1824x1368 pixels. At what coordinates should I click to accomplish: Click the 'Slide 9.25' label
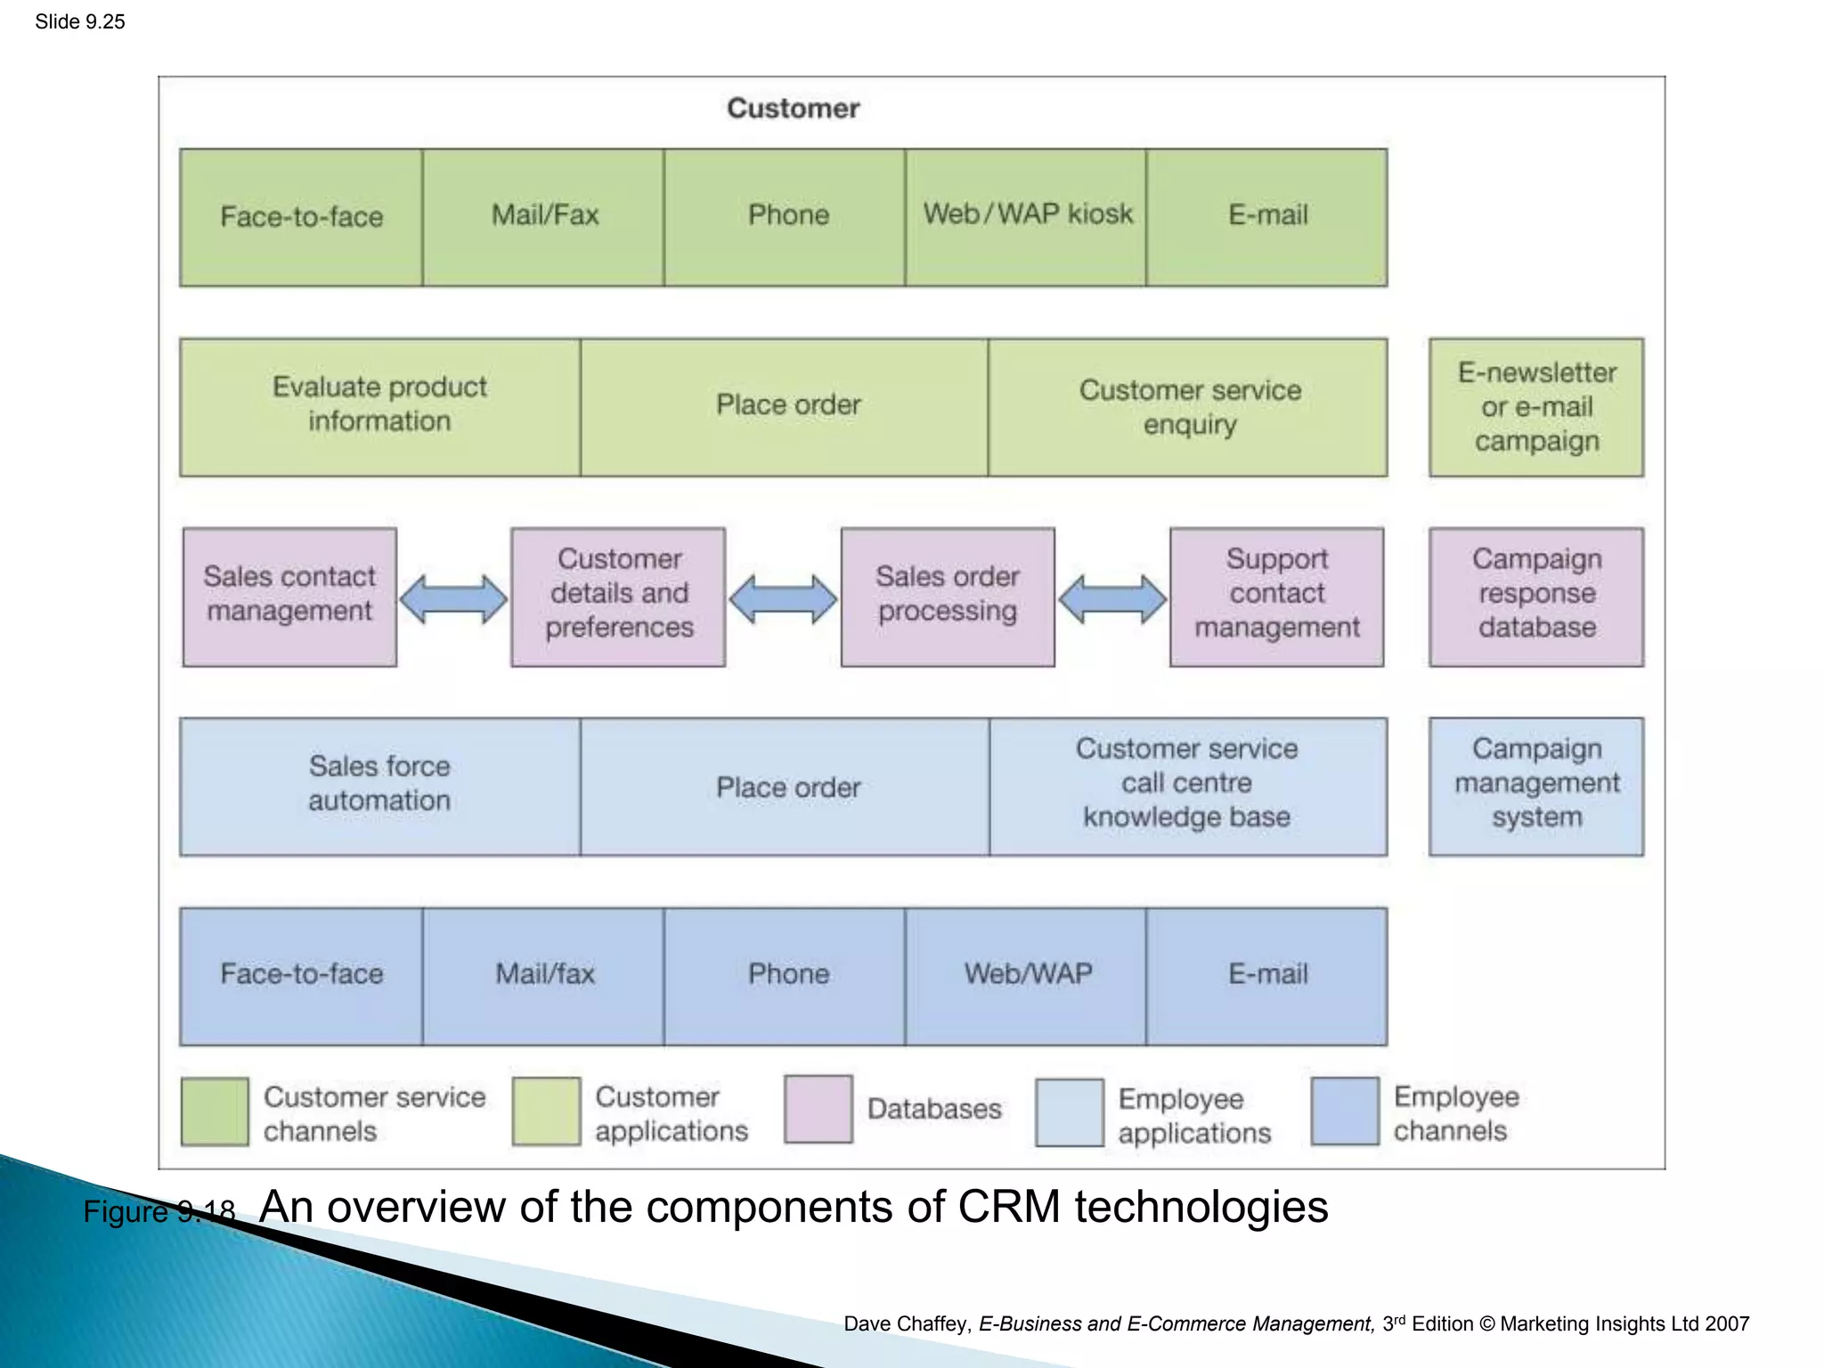click(x=80, y=21)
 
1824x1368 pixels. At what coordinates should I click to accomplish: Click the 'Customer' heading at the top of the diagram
click(x=793, y=108)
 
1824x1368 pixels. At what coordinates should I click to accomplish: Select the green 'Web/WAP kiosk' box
click(x=1026, y=216)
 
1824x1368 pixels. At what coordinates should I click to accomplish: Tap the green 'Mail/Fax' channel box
click(x=543, y=216)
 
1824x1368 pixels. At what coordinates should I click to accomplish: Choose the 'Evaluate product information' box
click(x=380, y=406)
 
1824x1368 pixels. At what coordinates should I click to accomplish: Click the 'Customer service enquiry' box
click(x=1188, y=406)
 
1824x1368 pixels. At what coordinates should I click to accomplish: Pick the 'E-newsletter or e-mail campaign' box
click(x=1536, y=406)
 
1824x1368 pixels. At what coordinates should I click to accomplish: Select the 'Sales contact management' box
click(x=289, y=596)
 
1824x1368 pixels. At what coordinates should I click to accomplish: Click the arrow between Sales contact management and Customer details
click(x=453, y=598)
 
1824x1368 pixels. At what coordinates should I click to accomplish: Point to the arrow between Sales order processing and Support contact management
click(x=1112, y=598)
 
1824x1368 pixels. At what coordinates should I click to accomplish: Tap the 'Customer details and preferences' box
click(x=618, y=596)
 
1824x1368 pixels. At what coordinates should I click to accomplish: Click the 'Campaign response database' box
click(x=1536, y=596)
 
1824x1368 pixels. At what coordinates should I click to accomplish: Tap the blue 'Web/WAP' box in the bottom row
click(x=1026, y=975)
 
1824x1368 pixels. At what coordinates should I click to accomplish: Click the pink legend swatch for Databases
click(x=818, y=1109)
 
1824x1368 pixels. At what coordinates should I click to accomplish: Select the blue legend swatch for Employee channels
click(x=1345, y=1111)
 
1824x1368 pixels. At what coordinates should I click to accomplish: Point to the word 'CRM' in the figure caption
click(x=1008, y=1208)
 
